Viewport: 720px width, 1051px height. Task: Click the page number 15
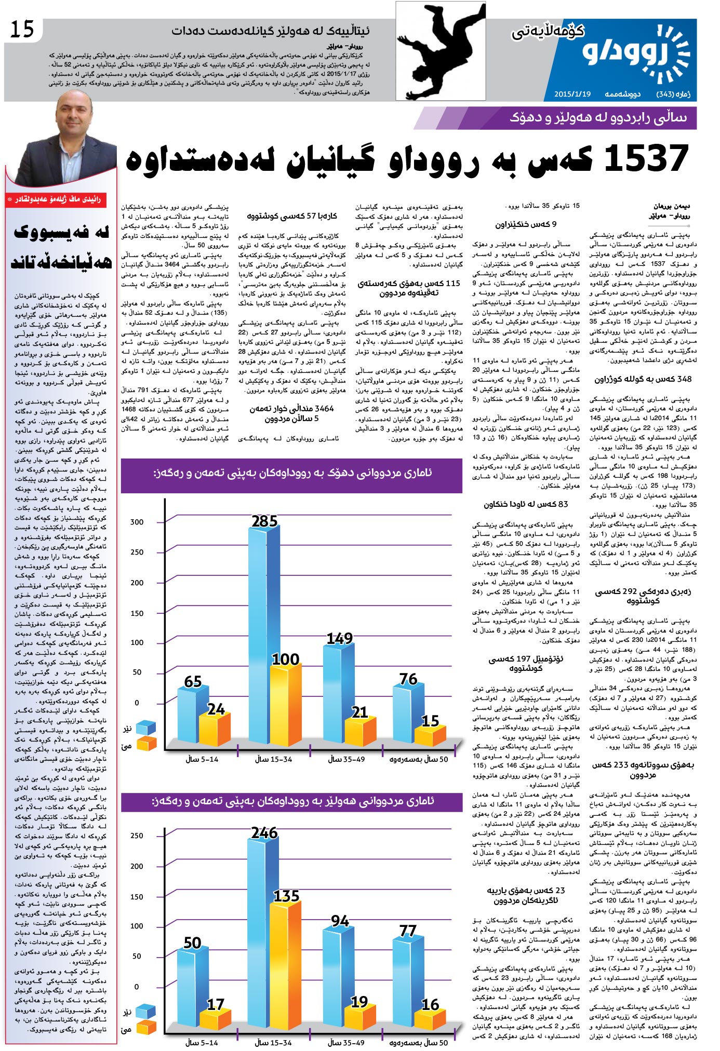coord(22,30)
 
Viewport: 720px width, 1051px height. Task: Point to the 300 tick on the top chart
coord(137,522)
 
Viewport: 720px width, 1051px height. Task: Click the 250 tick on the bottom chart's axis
coord(137,836)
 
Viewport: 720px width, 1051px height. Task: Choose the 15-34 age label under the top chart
coord(274,759)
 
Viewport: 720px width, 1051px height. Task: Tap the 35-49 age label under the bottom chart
coord(346,1043)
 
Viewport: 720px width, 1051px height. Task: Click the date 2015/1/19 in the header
coord(572,94)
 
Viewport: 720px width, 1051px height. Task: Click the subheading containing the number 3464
coord(291,413)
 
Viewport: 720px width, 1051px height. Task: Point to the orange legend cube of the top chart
coord(146,744)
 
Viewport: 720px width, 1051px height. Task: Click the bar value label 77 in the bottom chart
coord(408,931)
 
